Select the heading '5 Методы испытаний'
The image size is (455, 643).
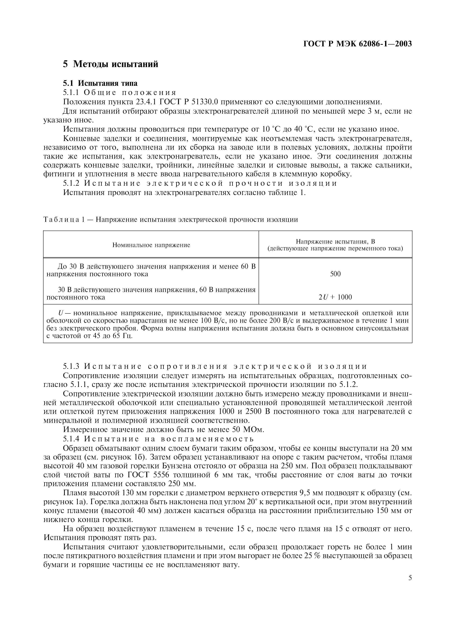110,64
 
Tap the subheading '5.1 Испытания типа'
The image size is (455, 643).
100,83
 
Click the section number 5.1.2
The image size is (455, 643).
71,183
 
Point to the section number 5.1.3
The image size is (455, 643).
71,366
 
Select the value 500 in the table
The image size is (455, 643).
335,274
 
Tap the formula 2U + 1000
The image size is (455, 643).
335,297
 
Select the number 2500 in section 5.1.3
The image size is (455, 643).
255,412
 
